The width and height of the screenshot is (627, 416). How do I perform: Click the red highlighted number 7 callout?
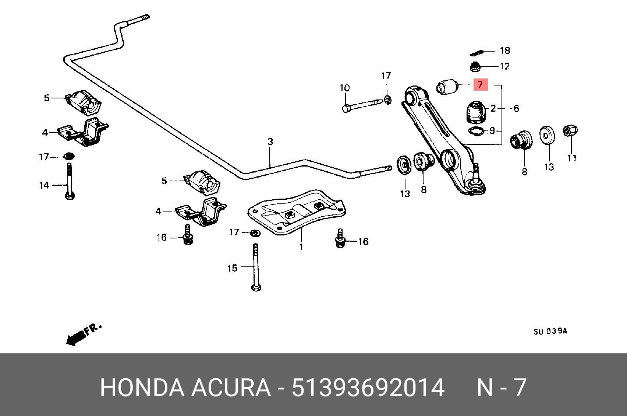(x=480, y=85)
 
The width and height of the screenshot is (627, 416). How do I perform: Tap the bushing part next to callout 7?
(x=447, y=87)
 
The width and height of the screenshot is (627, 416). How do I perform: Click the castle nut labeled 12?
(x=475, y=67)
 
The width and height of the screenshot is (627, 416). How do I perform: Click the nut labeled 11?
(x=570, y=131)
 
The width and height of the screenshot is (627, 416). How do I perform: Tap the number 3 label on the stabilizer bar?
(x=270, y=141)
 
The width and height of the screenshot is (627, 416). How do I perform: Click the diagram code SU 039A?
(x=550, y=331)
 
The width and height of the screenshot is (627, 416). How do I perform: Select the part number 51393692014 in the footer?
(x=368, y=388)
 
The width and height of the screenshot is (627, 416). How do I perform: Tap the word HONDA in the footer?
(x=142, y=388)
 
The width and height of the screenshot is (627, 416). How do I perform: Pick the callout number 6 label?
(x=516, y=108)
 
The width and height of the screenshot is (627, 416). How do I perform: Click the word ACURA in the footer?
(x=230, y=388)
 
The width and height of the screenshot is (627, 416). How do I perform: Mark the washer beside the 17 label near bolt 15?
(x=254, y=233)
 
